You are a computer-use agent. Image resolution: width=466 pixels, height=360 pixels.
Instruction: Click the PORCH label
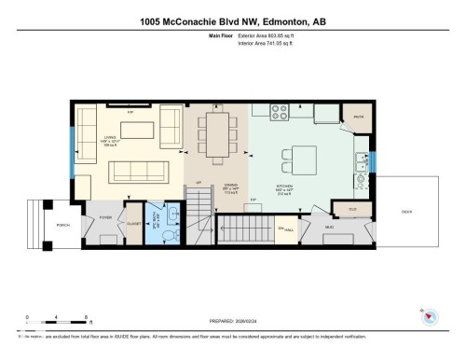(x=37, y=225)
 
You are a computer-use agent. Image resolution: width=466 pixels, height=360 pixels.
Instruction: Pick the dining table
(x=216, y=134)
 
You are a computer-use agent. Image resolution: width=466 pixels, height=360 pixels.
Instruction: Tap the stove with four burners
(x=280, y=113)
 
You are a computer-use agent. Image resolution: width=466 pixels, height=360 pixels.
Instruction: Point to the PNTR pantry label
(x=358, y=117)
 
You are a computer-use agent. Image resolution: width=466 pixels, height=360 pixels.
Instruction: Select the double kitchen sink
(x=363, y=165)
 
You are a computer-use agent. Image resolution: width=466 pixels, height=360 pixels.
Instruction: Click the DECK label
(x=432, y=211)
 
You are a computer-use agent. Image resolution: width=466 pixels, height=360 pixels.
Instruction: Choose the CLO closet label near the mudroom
(x=352, y=209)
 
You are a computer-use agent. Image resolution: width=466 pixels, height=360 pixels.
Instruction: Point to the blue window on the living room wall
(x=71, y=151)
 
